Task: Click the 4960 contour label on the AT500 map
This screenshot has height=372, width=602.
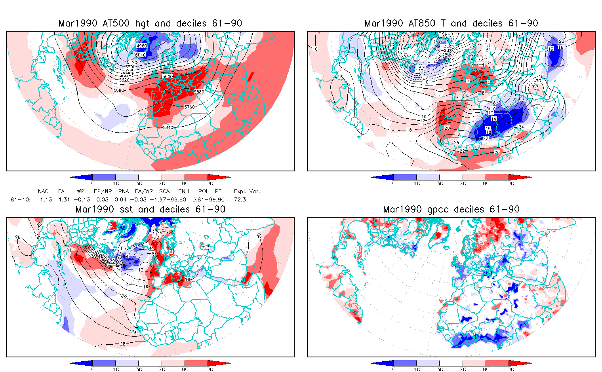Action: pyautogui.click(x=141, y=46)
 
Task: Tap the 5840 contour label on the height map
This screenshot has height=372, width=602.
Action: pyautogui.click(x=168, y=127)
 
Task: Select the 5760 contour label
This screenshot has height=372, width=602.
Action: pyautogui.click(x=190, y=107)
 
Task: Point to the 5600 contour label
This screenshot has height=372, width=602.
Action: pyautogui.click(x=168, y=76)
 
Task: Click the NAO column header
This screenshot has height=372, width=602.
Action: pyautogui.click(x=43, y=191)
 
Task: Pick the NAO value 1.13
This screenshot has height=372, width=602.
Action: pyautogui.click(x=46, y=199)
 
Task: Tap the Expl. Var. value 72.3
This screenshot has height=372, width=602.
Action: pyautogui.click(x=240, y=199)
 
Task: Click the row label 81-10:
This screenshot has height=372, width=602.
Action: pyautogui.click(x=21, y=199)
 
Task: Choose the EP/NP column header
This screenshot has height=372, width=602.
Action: pyautogui.click(x=102, y=191)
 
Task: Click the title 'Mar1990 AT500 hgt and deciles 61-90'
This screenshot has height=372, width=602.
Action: pyautogui.click(x=150, y=23)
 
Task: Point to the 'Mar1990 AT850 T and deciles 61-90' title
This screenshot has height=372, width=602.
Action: pyautogui.click(x=451, y=23)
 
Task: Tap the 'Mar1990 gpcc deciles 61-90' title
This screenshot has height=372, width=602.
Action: pyautogui.click(x=451, y=209)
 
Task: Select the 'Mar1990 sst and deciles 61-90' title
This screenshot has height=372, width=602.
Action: pyautogui.click(x=150, y=209)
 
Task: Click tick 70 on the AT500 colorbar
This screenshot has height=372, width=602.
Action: pyautogui.click(x=162, y=183)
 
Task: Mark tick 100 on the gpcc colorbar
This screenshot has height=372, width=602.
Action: pyautogui.click(x=509, y=369)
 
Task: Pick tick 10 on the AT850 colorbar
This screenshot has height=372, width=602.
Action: pyautogui.click(x=417, y=183)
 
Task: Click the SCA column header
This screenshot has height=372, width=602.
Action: pyautogui.click(x=164, y=191)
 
